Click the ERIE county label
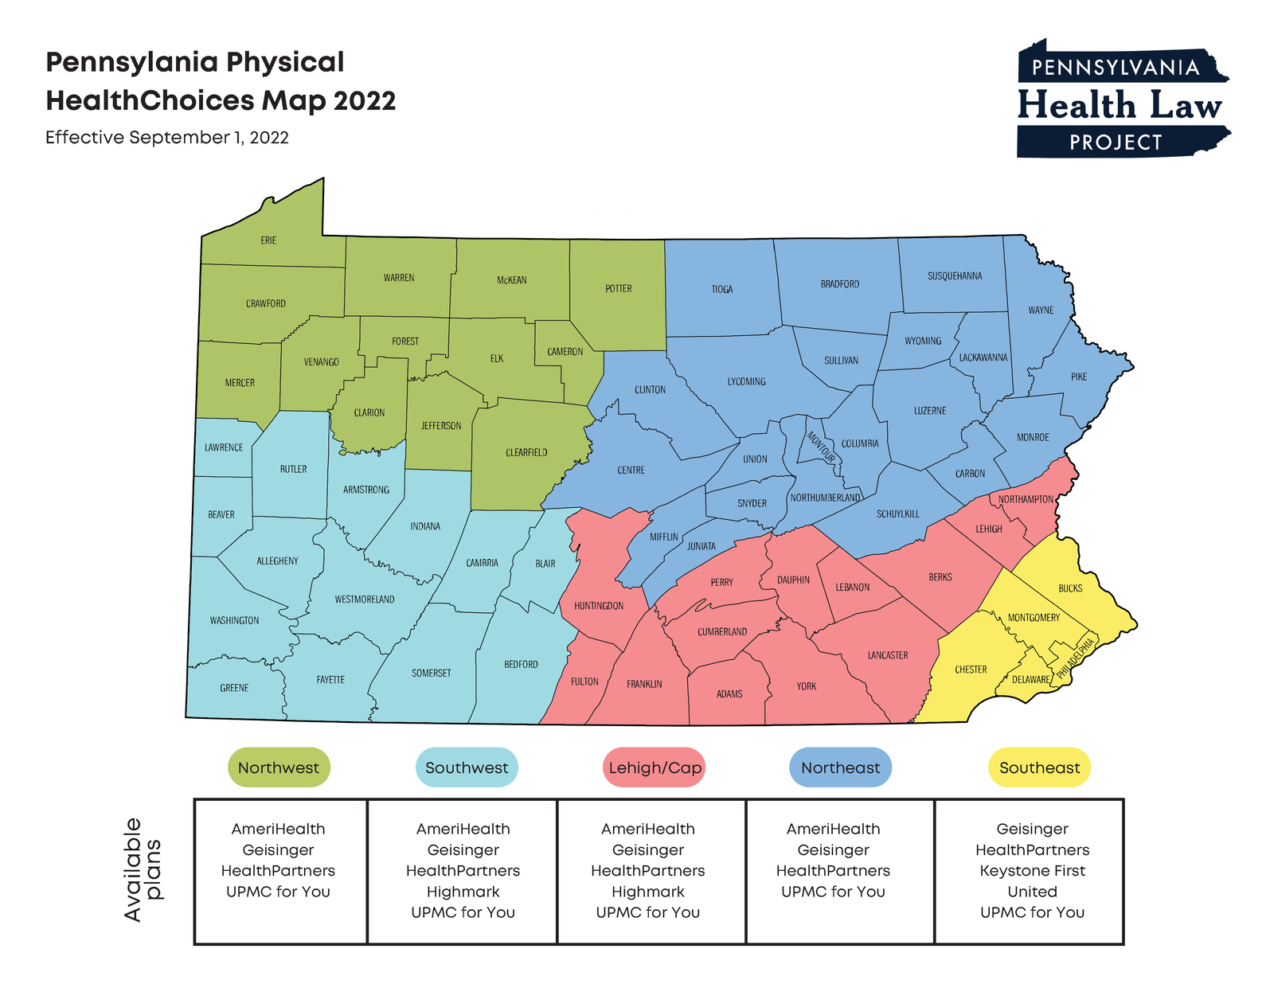tap(268, 240)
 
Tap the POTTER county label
tap(618, 289)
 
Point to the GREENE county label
tap(234, 688)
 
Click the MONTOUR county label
tap(821, 447)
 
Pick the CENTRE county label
tap(631, 471)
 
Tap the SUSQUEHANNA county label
tap(954, 276)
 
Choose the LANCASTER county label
tap(887, 655)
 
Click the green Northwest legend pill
tap(279, 767)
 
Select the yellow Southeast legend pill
tap(1039, 767)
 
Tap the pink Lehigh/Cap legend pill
tap(655, 767)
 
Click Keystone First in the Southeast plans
tap(1032, 871)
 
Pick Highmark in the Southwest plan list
tap(463, 892)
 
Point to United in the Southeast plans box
tap(1032, 892)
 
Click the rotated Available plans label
tap(143, 869)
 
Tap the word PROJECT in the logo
tap(1116, 143)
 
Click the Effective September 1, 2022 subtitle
tap(167, 138)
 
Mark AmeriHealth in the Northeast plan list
tap(833, 829)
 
